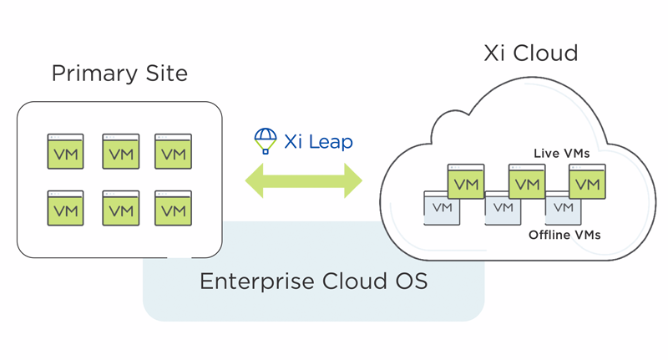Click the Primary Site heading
coord(119,73)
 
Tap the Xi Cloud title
coord(531,53)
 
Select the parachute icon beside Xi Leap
coord(266,141)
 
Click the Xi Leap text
coord(318,141)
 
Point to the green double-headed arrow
coord(303,181)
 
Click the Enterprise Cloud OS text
coord(313,281)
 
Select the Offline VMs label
coord(564,236)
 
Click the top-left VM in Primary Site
coord(65,152)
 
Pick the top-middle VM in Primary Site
coord(120,152)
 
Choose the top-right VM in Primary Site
coord(173,152)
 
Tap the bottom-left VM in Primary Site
coord(65,208)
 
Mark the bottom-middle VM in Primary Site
coord(120,208)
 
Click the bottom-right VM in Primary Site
coord(173,208)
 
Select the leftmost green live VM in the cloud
coord(466,181)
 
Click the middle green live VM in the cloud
coord(527,181)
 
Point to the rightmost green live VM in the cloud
coord(587,181)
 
